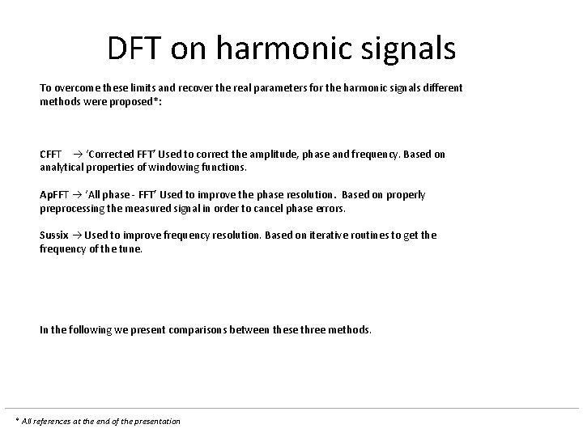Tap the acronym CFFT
point(51,154)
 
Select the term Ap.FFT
point(53,195)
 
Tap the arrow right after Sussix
point(76,235)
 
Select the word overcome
point(79,87)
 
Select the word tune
point(130,249)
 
